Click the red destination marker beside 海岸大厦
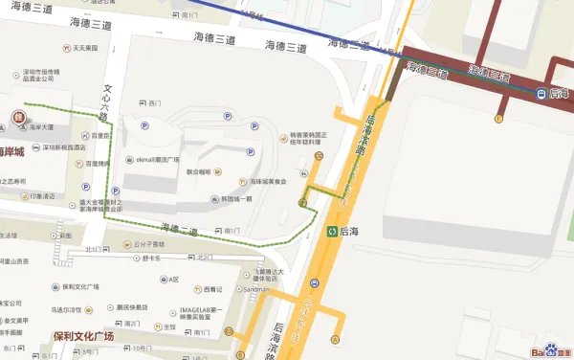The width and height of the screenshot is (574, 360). pyautogui.click(x=17, y=118)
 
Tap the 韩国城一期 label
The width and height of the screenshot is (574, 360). pyautogui.click(x=235, y=199)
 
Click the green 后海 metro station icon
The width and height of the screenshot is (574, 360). pyautogui.click(x=332, y=231)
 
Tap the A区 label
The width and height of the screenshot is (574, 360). pyautogui.click(x=173, y=280)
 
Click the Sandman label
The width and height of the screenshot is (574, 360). pyautogui.click(x=255, y=288)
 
